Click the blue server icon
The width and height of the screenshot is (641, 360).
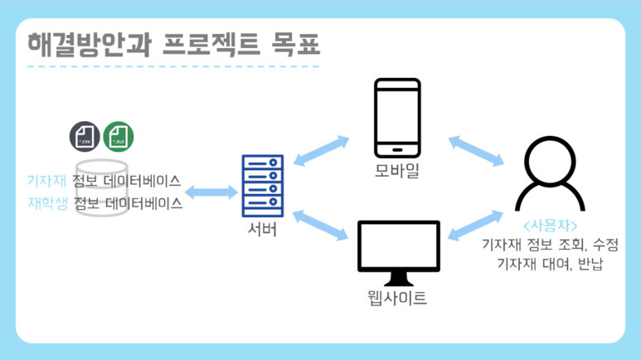point(262,186)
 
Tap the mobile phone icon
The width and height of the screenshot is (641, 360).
point(397,118)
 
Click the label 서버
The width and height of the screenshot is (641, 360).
point(262,230)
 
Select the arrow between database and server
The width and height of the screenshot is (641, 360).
point(211,192)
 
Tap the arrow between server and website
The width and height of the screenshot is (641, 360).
point(320,224)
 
